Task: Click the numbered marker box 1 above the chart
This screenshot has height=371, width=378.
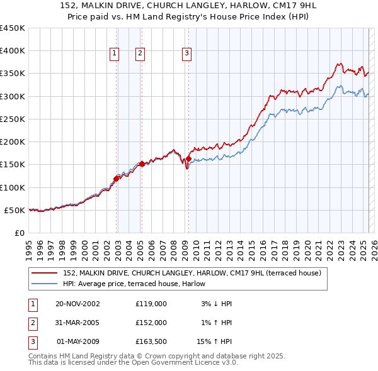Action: pos(115,54)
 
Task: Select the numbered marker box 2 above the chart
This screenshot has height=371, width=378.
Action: pos(139,54)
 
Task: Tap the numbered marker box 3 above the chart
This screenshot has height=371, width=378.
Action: pos(187,54)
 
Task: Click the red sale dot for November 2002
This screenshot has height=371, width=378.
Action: pos(117,179)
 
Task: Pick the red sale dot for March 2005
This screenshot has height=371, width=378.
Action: pos(142,163)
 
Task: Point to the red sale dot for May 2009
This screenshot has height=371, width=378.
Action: pos(188,158)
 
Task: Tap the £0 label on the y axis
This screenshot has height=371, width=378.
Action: pos(19,233)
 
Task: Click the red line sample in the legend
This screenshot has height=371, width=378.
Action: pos(44,273)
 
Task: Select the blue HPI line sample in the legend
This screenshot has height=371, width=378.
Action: pos(44,284)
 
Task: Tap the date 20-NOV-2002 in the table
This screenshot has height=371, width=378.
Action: pos(78,304)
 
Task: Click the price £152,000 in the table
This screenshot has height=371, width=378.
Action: pos(151,322)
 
